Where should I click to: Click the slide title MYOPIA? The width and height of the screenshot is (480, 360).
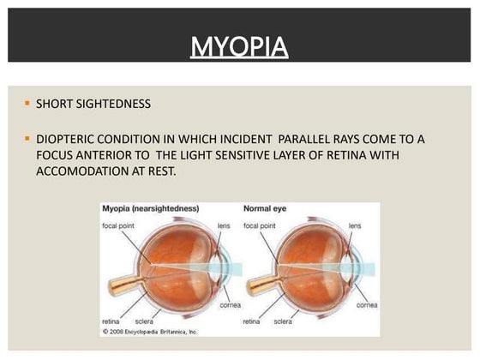(239, 45)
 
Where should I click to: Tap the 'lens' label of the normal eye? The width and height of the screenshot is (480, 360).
(355, 226)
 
